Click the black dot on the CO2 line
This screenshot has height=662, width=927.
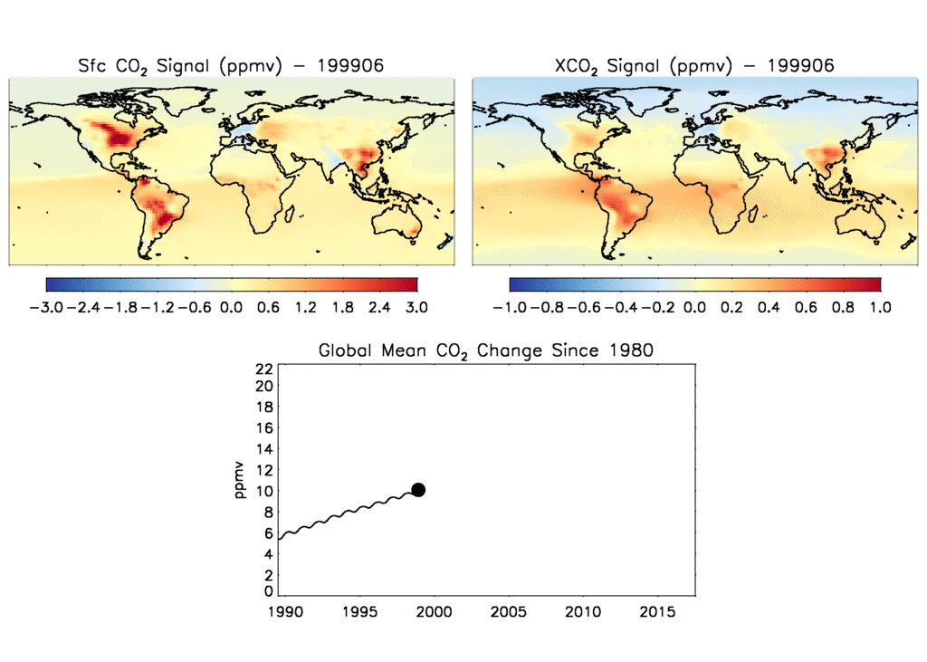418,490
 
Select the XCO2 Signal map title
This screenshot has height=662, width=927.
693,65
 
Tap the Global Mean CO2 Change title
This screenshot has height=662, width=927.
485,350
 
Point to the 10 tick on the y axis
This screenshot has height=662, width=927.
264,491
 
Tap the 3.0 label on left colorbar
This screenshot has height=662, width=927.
416,308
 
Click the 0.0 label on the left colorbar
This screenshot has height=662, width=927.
231,308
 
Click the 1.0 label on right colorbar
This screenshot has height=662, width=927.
880,308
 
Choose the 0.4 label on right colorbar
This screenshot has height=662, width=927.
769,308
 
